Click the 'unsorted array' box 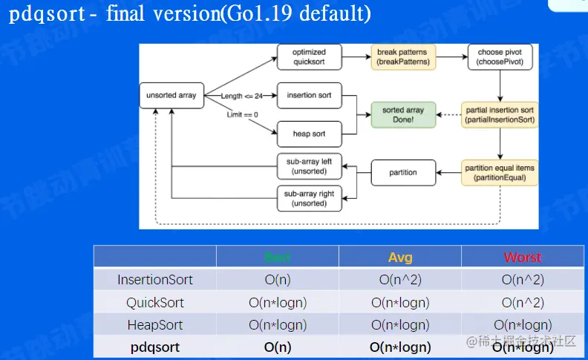pyautogui.click(x=171, y=95)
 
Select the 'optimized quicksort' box pyautogui.click(x=310, y=56)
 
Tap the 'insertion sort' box pyautogui.click(x=309, y=95)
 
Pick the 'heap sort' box pyautogui.click(x=309, y=134)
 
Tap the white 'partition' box pyautogui.click(x=403, y=172)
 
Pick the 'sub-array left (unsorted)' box pyautogui.click(x=309, y=167)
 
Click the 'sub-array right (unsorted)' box pyautogui.click(x=309, y=197)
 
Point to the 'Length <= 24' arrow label pyautogui.click(x=242, y=96)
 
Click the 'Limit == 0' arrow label pyautogui.click(x=242, y=115)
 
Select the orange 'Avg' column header pyautogui.click(x=400, y=258)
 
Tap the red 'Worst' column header pyautogui.click(x=523, y=258)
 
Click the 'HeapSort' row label pyautogui.click(x=155, y=324)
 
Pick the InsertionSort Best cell pyautogui.click(x=278, y=280)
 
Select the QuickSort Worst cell pyautogui.click(x=523, y=302)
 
